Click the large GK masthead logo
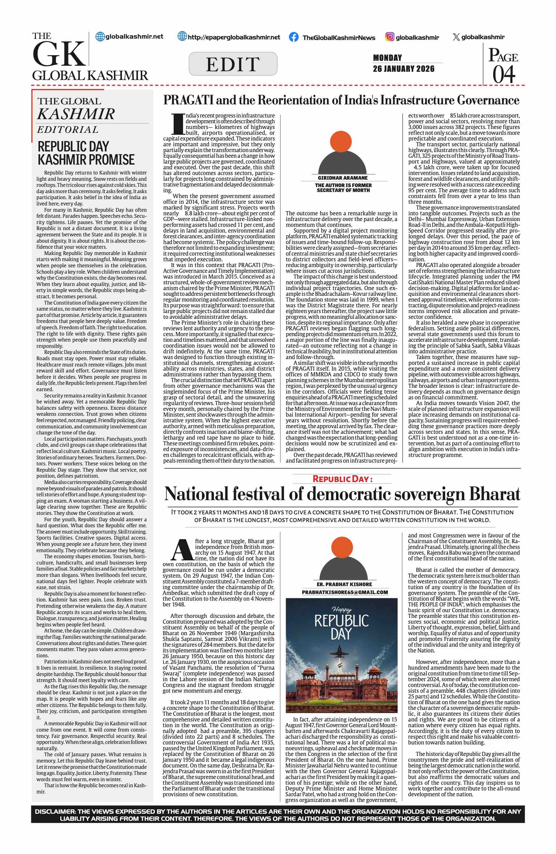59,54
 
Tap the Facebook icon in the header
293,37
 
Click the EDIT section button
233,64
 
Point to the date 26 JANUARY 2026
403,68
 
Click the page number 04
504,74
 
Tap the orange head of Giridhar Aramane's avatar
340,141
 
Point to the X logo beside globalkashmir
456,37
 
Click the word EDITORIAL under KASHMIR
67,130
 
